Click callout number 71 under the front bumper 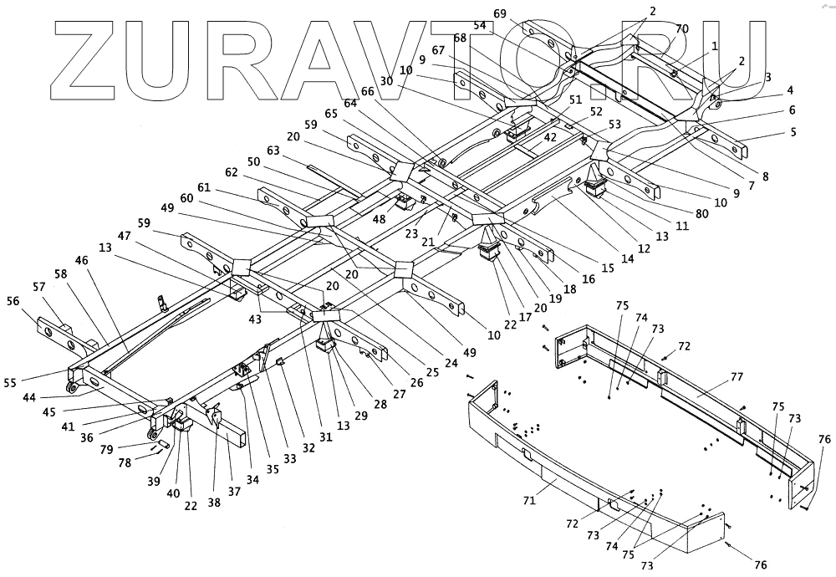click(x=528, y=501)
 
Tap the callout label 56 click(x=13, y=302)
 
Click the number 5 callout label click(x=793, y=131)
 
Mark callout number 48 click(x=379, y=220)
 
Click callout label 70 click(x=682, y=28)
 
